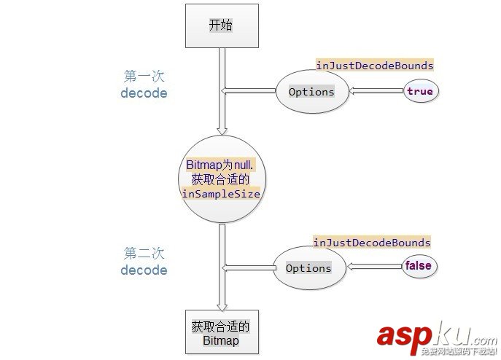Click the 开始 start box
tap(220, 26)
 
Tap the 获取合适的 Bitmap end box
tap(220, 333)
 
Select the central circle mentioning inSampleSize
tap(220, 179)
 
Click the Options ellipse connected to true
tap(311, 92)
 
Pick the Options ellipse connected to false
tap(308, 267)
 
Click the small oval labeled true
tap(419, 91)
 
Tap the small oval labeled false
tap(418, 266)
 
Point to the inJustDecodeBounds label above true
tap(374, 66)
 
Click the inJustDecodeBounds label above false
tap(372, 243)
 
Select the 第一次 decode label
tap(144, 84)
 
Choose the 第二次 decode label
tap(144, 262)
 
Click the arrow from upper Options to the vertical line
tap(248, 91)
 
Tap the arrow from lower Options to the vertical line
tap(246, 267)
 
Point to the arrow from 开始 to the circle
tap(220, 109)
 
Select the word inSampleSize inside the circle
tap(220, 195)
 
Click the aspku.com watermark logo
tap(436, 337)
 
